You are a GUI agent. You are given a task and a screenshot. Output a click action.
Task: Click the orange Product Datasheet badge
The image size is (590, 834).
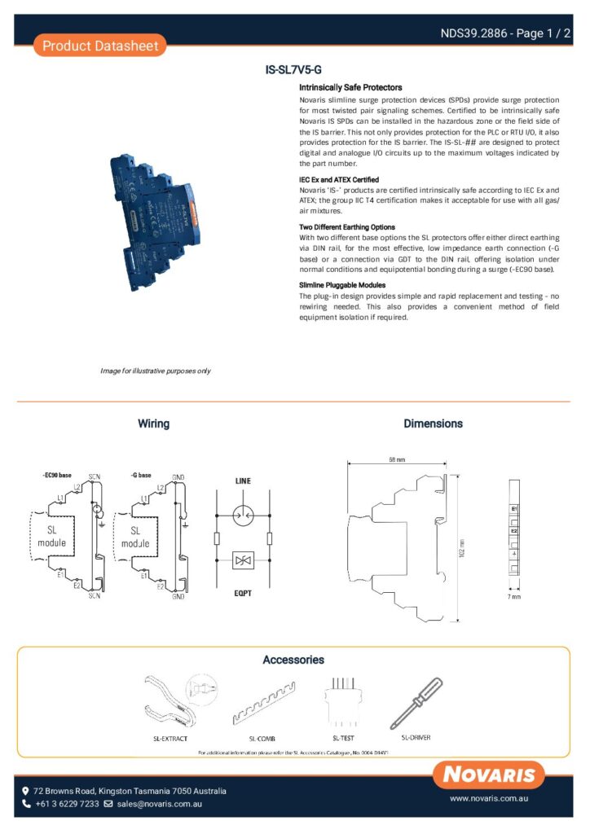pyautogui.click(x=100, y=46)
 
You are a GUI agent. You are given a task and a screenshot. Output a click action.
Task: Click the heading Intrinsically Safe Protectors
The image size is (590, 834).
pyautogui.click(x=350, y=87)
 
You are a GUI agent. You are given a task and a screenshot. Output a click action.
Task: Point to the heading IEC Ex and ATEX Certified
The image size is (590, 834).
pyautogui.click(x=339, y=179)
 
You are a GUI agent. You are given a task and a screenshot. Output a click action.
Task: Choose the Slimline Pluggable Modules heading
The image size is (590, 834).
pyautogui.click(x=342, y=285)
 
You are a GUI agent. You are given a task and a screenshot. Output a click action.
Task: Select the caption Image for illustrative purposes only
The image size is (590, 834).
pyautogui.click(x=155, y=371)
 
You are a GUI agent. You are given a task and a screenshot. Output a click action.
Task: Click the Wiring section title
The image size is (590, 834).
pyautogui.click(x=153, y=424)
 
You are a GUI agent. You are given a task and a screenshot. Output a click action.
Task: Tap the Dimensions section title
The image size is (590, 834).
pyautogui.click(x=433, y=424)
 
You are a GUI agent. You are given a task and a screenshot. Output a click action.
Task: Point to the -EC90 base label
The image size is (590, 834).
pyautogui.click(x=56, y=475)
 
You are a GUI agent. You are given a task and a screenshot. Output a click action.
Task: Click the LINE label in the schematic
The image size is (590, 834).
pyautogui.click(x=243, y=481)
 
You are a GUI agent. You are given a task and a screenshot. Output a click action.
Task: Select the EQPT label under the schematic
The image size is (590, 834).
pyautogui.click(x=243, y=593)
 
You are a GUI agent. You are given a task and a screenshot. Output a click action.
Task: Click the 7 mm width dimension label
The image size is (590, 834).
pyautogui.click(x=514, y=597)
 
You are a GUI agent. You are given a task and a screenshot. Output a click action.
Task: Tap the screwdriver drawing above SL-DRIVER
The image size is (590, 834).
pyautogui.click(x=416, y=703)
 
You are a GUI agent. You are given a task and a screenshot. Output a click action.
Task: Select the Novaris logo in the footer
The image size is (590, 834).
pyautogui.click(x=490, y=774)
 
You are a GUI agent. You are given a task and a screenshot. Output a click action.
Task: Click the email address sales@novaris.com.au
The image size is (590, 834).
pyautogui.click(x=159, y=804)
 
